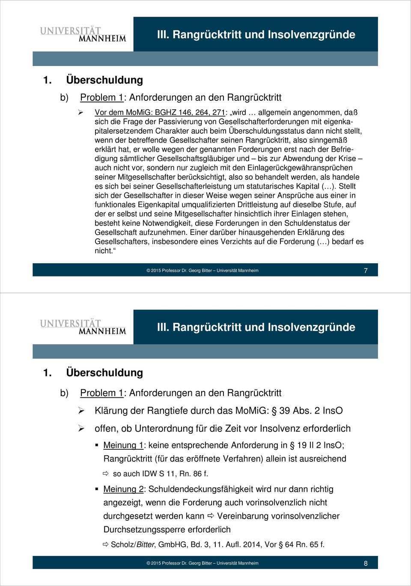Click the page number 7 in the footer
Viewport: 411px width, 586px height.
click(x=365, y=270)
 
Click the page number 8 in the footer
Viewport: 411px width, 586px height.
click(x=365, y=563)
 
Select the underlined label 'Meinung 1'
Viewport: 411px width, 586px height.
click(x=123, y=445)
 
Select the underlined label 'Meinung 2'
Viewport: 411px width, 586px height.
click(x=123, y=489)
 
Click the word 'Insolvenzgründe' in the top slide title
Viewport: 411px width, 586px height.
click(x=313, y=34)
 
